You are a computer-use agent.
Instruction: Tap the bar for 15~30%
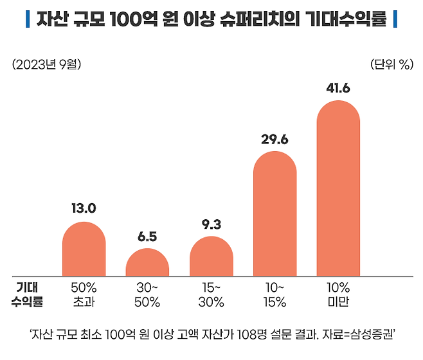tap(211, 256)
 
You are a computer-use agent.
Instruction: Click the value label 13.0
tap(84, 208)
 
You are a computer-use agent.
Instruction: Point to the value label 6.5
tap(147, 236)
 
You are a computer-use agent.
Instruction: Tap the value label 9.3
tap(211, 224)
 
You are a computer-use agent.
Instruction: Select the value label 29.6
tap(274, 139)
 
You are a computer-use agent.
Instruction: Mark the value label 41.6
tap(338, 88)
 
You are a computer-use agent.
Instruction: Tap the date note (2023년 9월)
tap(46, 64)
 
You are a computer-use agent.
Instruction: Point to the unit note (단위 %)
tap(392, 64)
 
